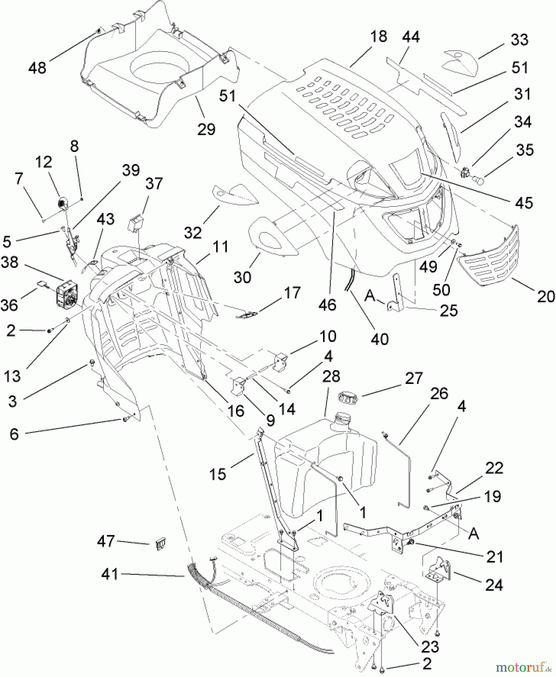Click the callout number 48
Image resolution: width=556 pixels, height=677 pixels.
37,68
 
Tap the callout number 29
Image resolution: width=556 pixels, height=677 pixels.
206,129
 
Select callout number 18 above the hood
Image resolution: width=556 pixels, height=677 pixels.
378,36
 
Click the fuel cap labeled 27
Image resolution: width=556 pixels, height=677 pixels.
348,397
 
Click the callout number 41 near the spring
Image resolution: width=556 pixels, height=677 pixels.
110,574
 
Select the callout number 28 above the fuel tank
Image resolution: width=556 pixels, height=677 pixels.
331,376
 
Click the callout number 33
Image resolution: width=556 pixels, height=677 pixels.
519,39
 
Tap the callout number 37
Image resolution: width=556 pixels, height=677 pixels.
154,184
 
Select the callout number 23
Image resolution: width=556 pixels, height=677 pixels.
430,647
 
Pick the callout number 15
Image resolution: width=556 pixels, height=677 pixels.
218,474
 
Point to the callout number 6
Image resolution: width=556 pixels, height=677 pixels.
14,434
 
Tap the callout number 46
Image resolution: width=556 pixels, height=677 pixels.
327,305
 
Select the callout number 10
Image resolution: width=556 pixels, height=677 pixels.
328,336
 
